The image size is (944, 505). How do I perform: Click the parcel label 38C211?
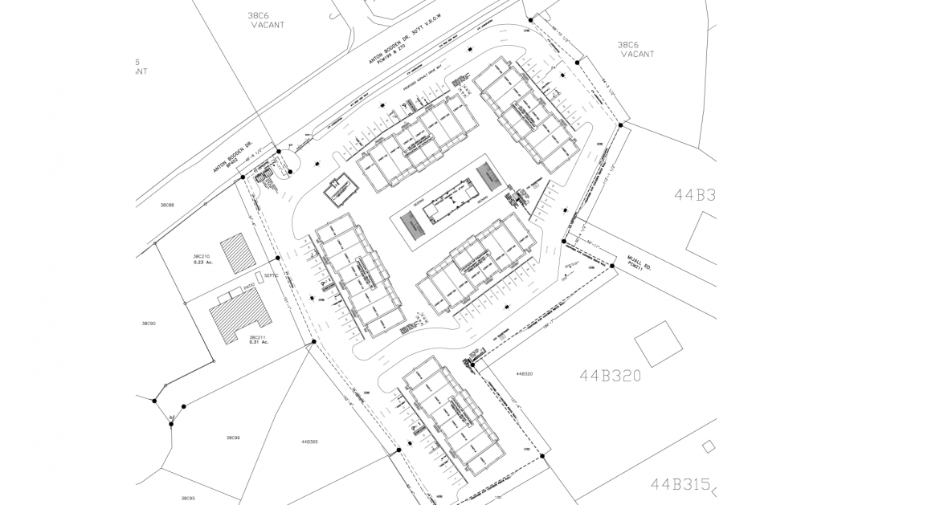pyautogui.click(x=257, y=336)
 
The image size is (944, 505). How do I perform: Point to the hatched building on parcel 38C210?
pyautogui.click(x=236, y=254)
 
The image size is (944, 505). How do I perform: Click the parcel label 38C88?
pyautogui.click(x=167, y=206)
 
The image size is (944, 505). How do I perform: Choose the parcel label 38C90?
pyautogui.click(x=149, y=324)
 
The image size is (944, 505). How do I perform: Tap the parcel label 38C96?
pyautogui.click(x=233, y=438)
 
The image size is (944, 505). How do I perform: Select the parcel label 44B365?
pyautogui.click(x=310, y=442)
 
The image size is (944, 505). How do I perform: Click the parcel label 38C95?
pyautogui.click(x=187, y=498)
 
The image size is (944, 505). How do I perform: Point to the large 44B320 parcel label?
pyautogui.click(x=611, y=375)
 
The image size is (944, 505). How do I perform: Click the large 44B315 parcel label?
pyautogui.click(x=681, y=484)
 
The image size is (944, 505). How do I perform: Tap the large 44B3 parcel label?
pyautogui.click(x=694, y=194)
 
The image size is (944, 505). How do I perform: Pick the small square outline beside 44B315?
pyautogui.click(x=708, y=446)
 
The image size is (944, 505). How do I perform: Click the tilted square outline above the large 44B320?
pyautogui.click(x=658, y=344)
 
